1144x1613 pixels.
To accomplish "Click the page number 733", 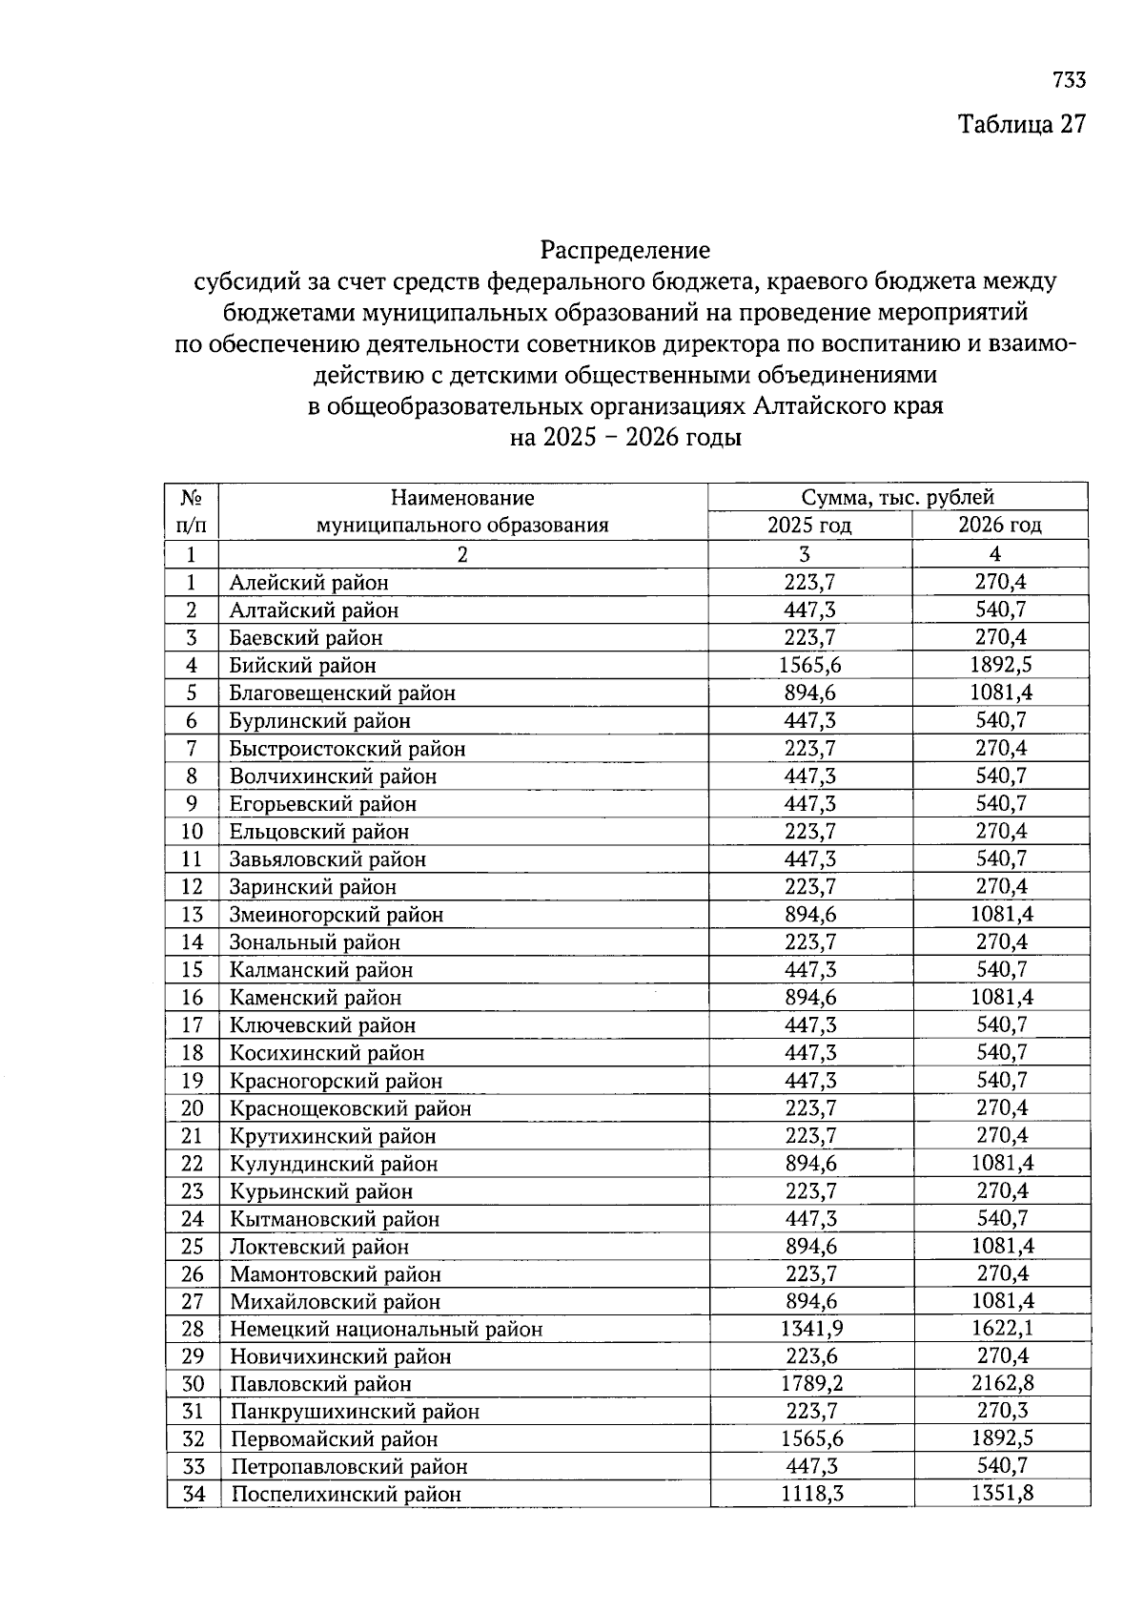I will point(1069,80).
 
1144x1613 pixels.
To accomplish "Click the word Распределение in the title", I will point(625,250).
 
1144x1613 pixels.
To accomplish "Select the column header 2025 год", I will point(809,525).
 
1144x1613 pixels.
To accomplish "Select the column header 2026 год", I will point(1000,525).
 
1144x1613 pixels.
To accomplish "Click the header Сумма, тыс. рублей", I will point(897,497).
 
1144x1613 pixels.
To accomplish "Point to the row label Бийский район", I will point(302,665).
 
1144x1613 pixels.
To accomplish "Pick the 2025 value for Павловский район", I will point(811,1383).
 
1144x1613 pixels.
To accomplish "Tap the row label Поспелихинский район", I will point(346,1494).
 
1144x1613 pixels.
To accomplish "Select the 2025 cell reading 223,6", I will point(811,1355).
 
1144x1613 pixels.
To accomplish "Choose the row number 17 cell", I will point(192,1025).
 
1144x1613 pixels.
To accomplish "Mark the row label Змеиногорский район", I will point(337,915).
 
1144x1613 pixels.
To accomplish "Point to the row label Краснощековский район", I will point(350,1108).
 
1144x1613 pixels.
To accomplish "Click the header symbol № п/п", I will point(191,510).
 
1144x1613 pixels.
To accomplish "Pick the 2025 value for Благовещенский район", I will point(810,693).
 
